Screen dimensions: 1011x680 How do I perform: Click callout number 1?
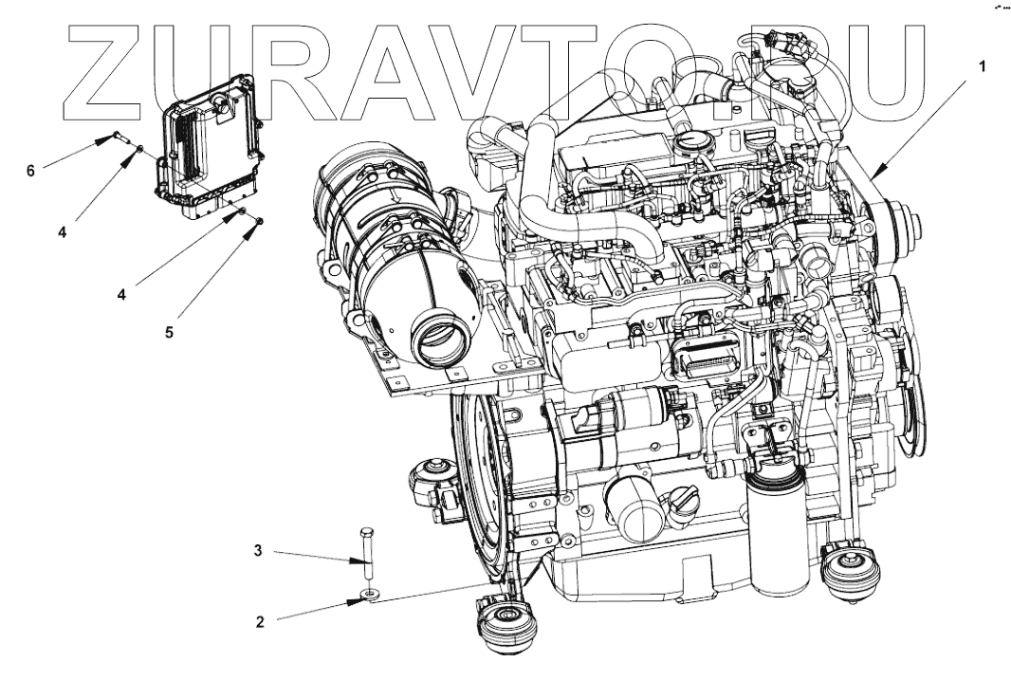983,67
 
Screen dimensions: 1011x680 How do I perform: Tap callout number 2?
259,623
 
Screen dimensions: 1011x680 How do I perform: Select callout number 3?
257,550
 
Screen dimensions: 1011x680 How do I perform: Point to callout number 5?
168,333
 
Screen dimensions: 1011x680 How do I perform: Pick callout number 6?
30,171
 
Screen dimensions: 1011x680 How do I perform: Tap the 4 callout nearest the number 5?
120,294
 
